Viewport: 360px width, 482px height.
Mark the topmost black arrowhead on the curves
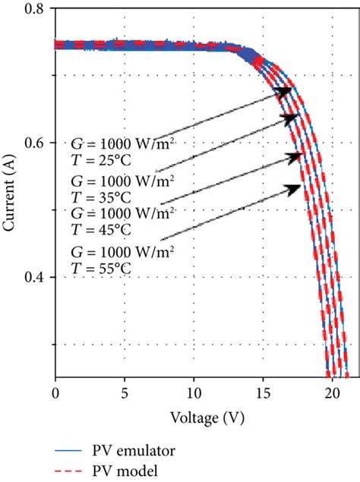click(286, 90)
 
